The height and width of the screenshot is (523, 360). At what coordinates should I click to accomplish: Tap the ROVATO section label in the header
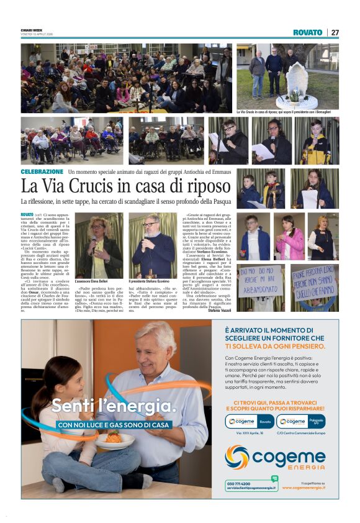(x=308, y=32)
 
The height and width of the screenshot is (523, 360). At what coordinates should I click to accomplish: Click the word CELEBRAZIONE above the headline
(x=42, y=171)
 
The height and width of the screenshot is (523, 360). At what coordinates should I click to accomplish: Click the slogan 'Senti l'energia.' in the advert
(x=113, y=407)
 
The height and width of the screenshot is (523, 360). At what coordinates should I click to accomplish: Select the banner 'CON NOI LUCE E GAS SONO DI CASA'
(x=113, y=425)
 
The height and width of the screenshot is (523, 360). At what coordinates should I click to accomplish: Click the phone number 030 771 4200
(x=239, y=483)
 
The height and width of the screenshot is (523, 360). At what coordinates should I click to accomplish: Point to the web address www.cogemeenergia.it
(x=304, y=488)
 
